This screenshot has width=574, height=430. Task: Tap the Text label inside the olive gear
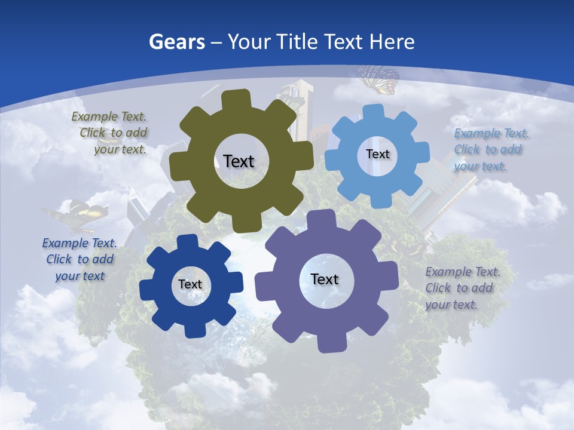pyautogui.click(x=239, y=161)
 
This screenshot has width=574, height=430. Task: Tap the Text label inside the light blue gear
pyautogui.click(x=377, y=154)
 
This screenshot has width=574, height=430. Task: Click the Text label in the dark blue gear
pyautogui.click(x=190, y=284)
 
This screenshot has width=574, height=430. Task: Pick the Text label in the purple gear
pyautogui.click(x=324, y=279)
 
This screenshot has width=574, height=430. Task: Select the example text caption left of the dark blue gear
pyautogui.click(x=80, y=259)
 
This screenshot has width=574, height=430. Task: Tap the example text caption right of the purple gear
pyautogui.click(x=462, y=288)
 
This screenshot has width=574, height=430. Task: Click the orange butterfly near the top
pyautogui.click(x=379, y=79)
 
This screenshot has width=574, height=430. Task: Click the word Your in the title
pyautogui.click(x=251, y=42)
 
